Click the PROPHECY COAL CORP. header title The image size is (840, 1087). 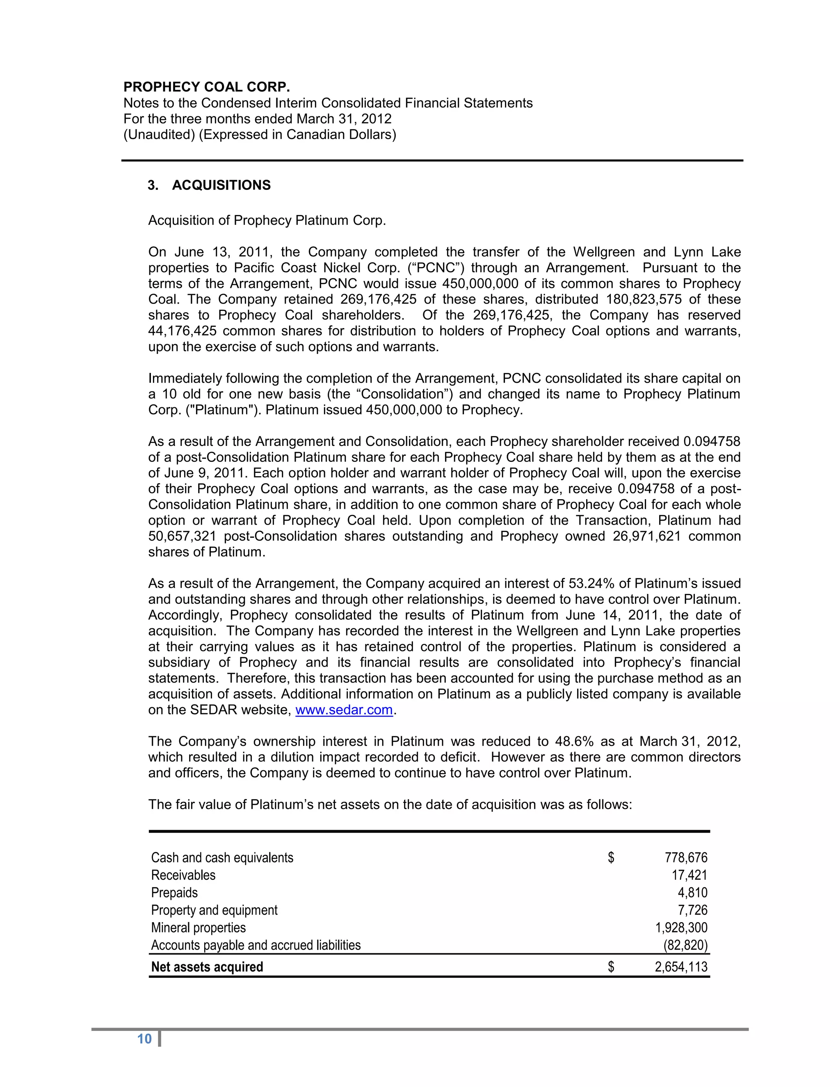[x=207, y=87]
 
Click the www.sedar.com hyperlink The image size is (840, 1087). [x=344, y=710]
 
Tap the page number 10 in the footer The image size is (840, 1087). [x=144, y=1039]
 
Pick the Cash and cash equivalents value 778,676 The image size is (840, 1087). [x=686, y=858]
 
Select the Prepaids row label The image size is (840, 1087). [x=174, y=893]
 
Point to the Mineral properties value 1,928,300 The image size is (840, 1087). [x=681, y=928]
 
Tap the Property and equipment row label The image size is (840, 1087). [x=214, y=910]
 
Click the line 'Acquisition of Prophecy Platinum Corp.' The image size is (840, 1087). [x=267, y=221]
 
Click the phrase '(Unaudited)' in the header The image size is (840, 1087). [x=159, y=135]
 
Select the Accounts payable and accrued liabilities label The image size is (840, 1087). [x=256, y=945]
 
